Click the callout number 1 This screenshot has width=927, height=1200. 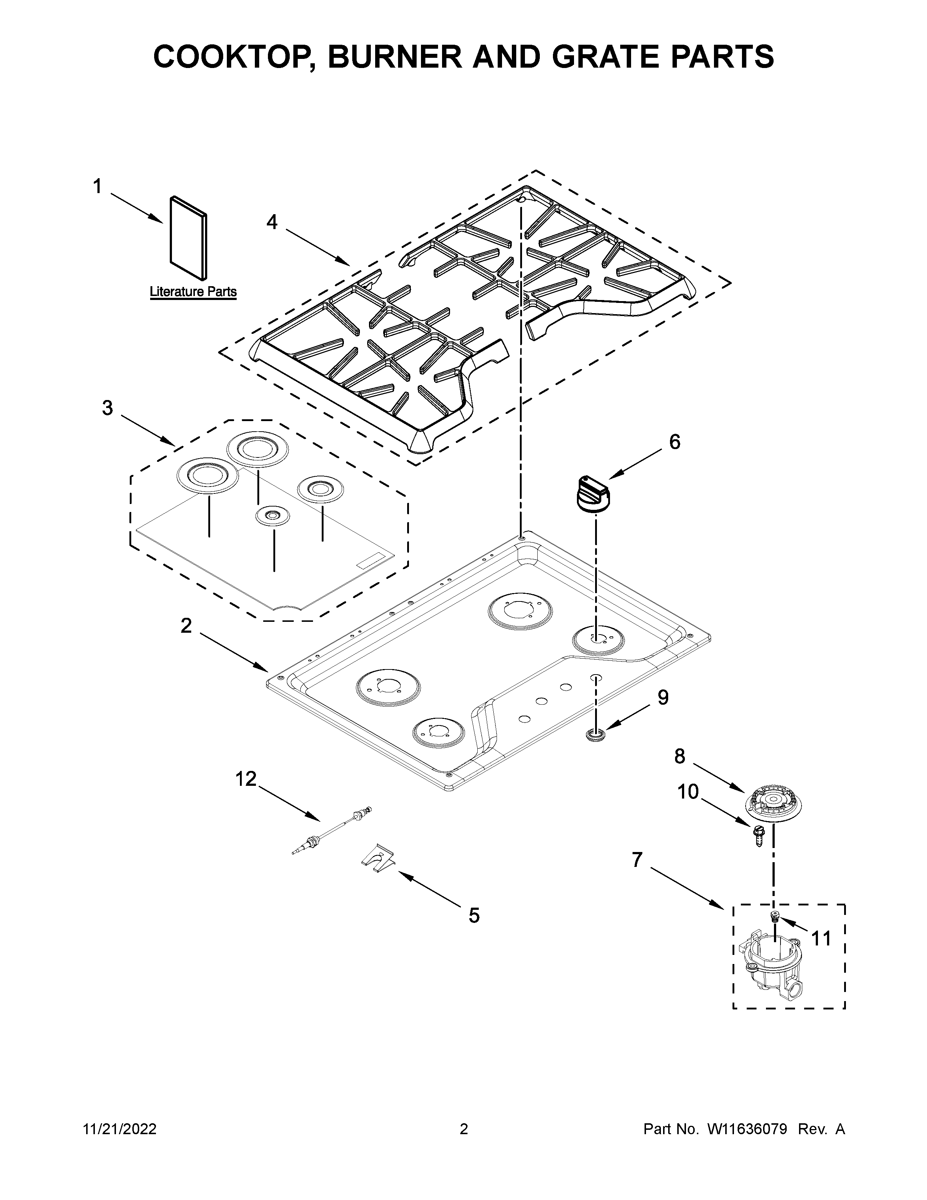97,187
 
